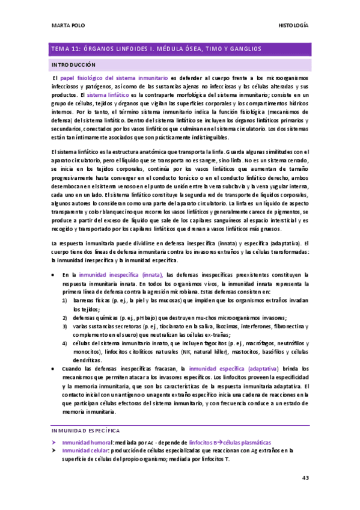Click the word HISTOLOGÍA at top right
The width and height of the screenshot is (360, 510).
pos(294,26)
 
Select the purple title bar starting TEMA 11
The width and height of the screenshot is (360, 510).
pos(180,48)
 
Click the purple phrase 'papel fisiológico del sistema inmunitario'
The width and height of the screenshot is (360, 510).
pos(113,79)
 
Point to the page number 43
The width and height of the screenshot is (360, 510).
pos(305,478)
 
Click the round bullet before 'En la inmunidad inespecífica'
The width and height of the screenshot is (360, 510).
pos(54,274)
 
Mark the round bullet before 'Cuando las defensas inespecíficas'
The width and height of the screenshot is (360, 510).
pos(54,367)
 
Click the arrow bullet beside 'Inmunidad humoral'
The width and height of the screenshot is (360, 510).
pos(53,441)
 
